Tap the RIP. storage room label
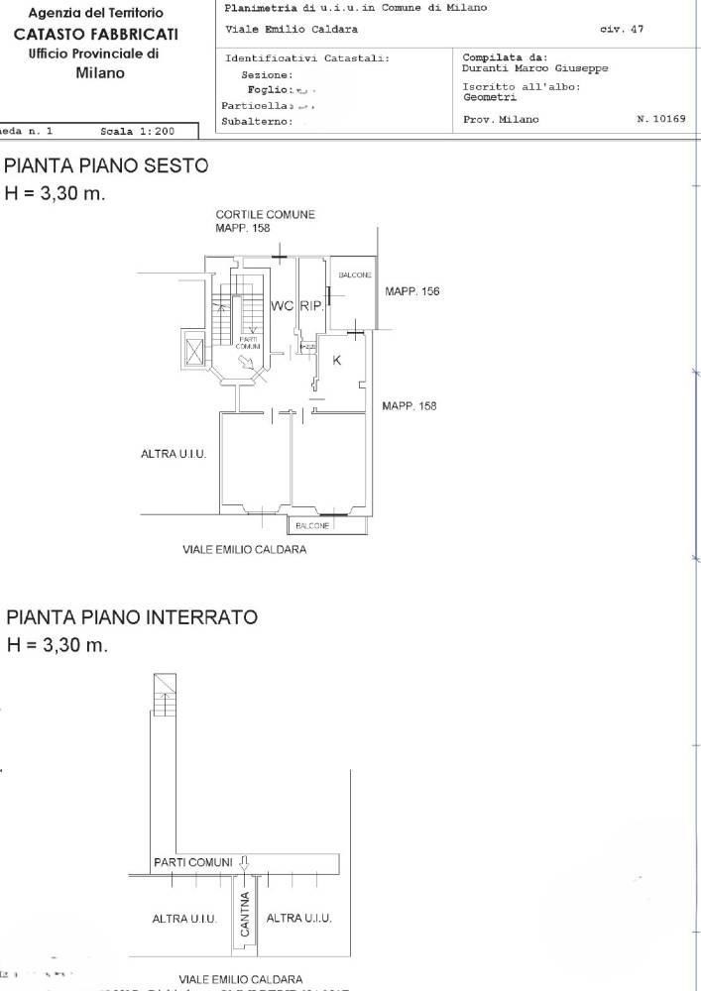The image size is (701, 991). click(x=309, y=307)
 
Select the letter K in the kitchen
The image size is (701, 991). click(x=336, y=361)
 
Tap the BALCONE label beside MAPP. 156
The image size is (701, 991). click(x=354, y=275)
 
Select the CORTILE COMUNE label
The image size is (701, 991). click(x=266, y=214)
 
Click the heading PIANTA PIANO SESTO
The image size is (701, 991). click(x=107, y=166)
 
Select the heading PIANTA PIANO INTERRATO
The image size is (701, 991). click(x=132, y=617)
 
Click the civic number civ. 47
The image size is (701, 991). click(x=622, y=30)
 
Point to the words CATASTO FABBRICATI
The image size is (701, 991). click(x=104, y=35)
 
